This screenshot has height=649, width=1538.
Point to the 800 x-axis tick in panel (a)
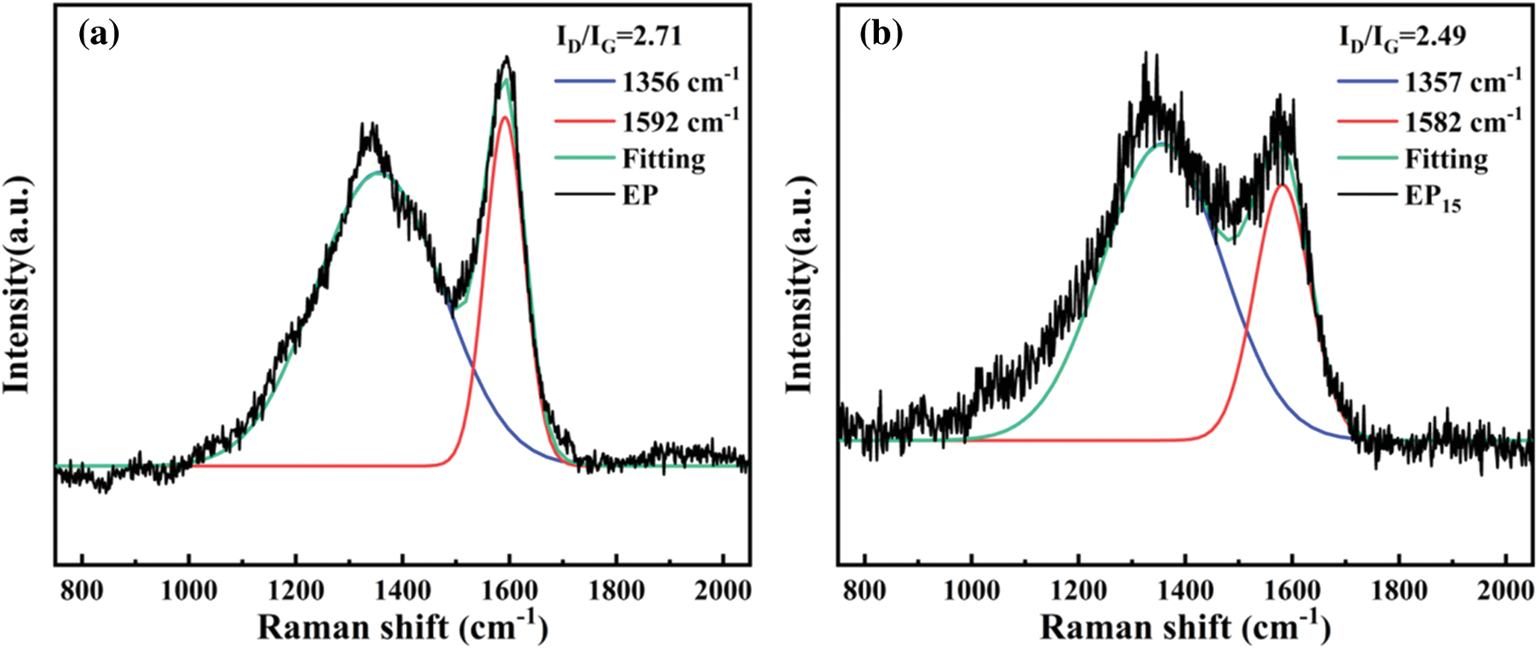coord(82,589)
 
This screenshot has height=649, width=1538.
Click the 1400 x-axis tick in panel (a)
coord(403,589)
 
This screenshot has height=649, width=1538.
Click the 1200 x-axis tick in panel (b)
coord(1078,589)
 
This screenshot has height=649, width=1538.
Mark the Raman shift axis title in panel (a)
coord(403,627)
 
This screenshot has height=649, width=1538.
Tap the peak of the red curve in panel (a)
coord(504,117)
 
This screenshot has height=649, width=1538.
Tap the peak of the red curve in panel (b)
coord(1282,185)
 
